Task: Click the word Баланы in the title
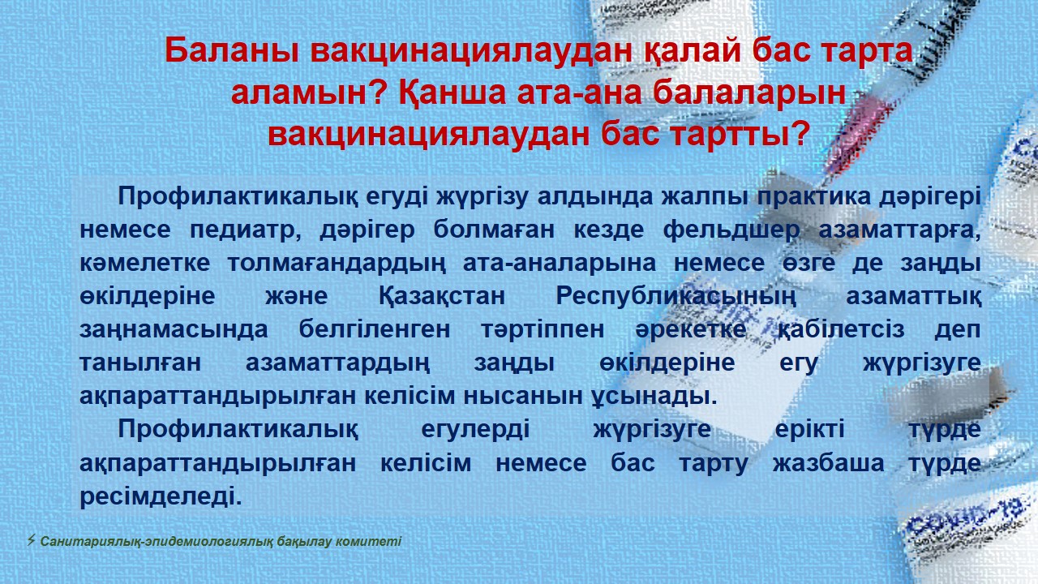(232, 50)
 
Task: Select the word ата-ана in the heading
(580, 92)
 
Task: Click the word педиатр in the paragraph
(246, 230)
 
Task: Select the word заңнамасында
(174, 330)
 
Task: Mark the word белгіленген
(375, 330)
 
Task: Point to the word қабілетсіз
(841, 330)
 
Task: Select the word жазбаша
(828, 463)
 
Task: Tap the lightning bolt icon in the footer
(31, 540)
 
